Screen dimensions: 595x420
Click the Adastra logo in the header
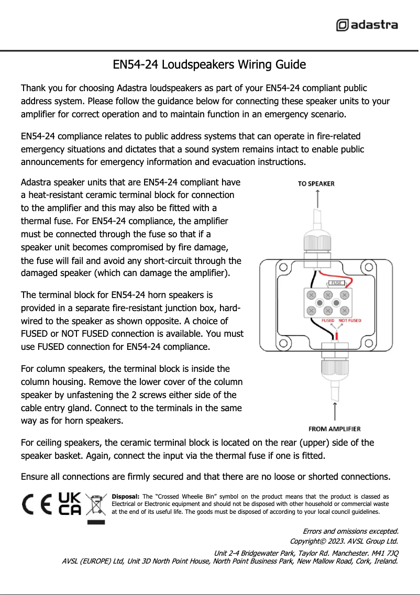click(x=367, y=25)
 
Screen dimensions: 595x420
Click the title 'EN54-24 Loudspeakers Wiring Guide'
click(x=209, y=65)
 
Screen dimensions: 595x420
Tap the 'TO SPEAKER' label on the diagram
click(x=316, y=184)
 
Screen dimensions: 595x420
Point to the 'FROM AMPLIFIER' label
click(x=335, y=429)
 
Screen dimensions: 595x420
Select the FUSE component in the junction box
click(x=336, y=283)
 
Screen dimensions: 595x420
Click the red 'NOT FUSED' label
click(x=350, y=321)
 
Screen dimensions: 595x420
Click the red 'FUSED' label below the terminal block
click(x=328, y=321)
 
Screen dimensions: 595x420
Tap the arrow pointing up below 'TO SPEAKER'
click(x=317, y=198)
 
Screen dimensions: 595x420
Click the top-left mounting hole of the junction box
click(x=283, y=268)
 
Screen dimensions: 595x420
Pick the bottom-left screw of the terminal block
click(x=312, y=311)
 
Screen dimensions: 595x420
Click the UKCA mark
click(x=69, y=504)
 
